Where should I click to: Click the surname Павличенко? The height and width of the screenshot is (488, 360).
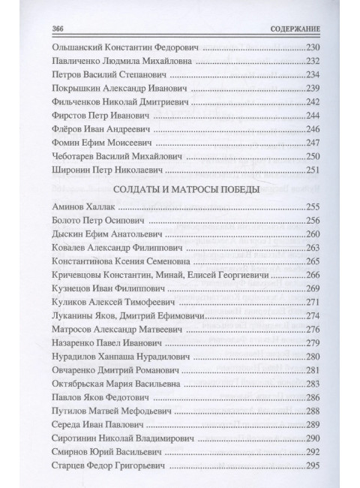[x=73, y=61]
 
